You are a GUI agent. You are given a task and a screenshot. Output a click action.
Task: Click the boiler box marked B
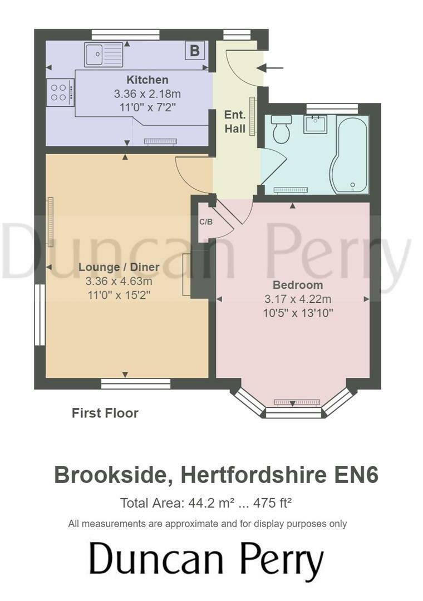194,51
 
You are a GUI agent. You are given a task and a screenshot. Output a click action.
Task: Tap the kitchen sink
104,55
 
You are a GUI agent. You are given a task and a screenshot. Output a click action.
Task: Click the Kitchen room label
147,80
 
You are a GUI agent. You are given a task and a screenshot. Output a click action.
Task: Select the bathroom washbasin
315,123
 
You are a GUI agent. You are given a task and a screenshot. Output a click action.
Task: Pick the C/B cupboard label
206,221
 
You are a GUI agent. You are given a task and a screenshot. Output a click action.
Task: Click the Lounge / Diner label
119,267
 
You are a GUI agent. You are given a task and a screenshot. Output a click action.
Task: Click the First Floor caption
105,413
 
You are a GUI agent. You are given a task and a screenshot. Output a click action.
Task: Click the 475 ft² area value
273,504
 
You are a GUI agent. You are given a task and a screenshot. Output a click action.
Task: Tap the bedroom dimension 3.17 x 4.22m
298,299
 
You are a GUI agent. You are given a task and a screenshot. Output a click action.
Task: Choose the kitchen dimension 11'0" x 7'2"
147,107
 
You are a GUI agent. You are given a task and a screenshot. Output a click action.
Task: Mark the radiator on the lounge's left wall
51,221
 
